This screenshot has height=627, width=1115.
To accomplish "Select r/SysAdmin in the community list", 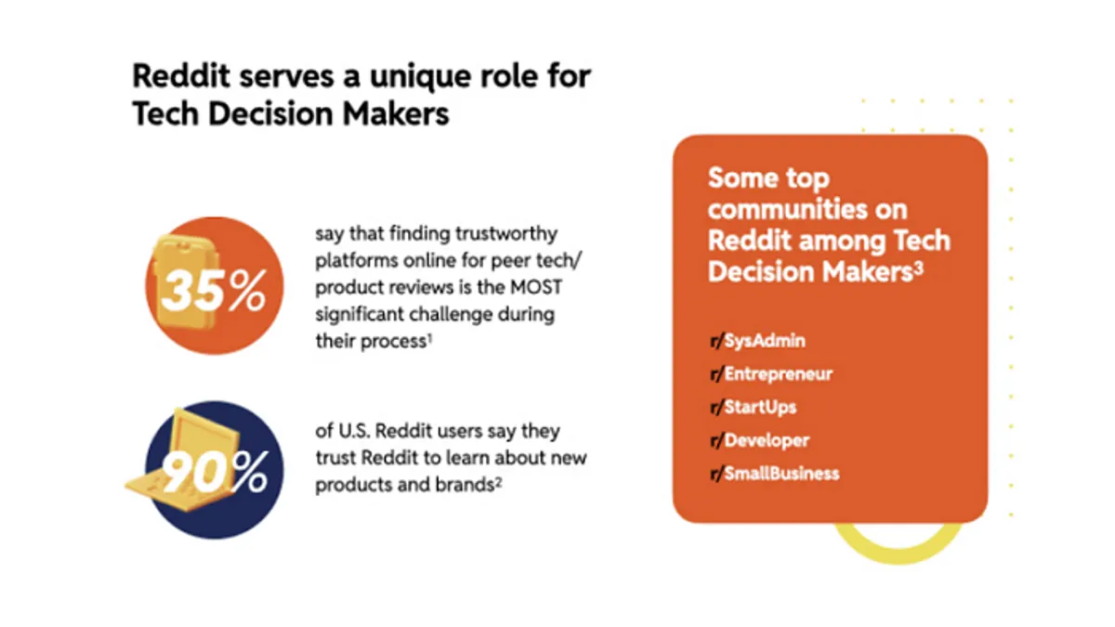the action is [x=757, y=341].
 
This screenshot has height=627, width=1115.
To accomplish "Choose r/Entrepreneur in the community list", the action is [x=771, y=373].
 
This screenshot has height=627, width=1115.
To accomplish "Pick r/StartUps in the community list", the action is [x=754, y=407].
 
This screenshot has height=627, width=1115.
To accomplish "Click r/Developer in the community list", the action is [x=760, y=440].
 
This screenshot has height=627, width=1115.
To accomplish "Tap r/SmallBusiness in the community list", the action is [x=775, y=473].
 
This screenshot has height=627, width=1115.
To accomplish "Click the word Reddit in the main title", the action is [x=181, y=76].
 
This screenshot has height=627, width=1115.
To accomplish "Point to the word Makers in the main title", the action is [x=396, y=113].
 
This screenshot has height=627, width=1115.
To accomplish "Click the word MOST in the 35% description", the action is [x=536, y=287].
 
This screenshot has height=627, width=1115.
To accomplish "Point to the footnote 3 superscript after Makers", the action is [x=918, y=268].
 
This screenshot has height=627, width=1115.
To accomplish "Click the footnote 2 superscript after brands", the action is [x=498, y=482].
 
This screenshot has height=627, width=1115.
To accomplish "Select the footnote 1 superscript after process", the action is [x=429, y=338].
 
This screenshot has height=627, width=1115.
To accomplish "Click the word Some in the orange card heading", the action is [x=740, y=178].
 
